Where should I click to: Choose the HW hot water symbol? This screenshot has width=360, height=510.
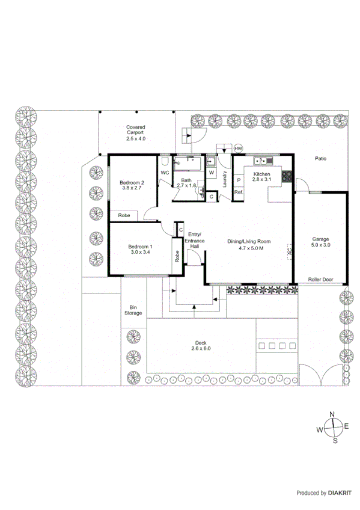[x=239, y=149]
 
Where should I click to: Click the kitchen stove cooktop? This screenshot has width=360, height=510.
[x=286, y=177]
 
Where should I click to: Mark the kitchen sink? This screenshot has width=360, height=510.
[x=263, y=161]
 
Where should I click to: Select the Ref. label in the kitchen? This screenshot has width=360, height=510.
[x=239, y=192]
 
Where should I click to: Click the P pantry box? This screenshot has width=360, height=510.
[x=239, y=179]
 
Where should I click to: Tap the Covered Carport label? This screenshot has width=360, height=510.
[x=136, y=132]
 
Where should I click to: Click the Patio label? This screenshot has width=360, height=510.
[x=322, y=159]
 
